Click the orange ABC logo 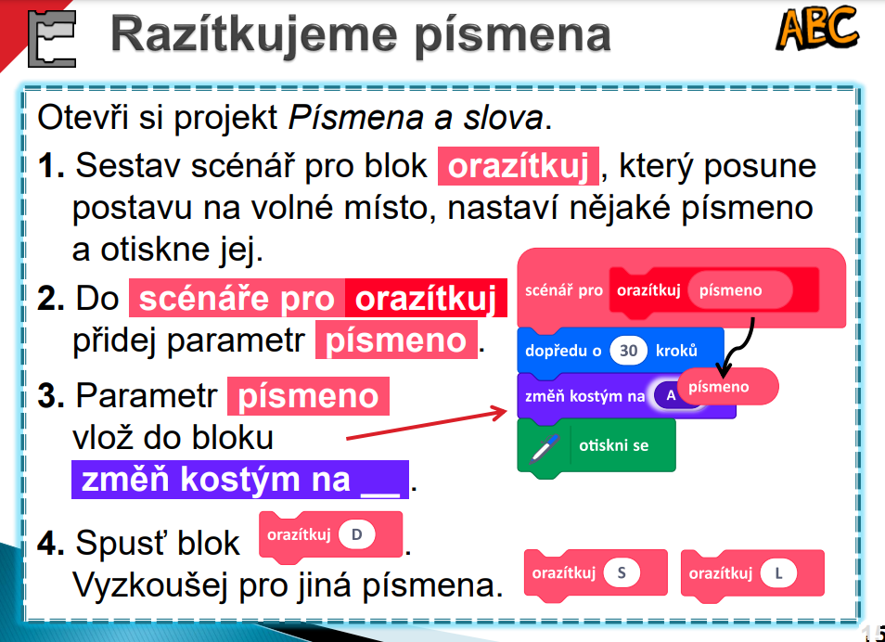click(816, 28)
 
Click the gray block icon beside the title click(52, 38)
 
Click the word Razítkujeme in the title click(254, 35)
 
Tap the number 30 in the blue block click(628, 351)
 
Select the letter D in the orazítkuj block click(357, 534)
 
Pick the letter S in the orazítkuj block click(622, 573)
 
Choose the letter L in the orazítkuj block click(778, 573)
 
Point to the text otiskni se click(613, 445)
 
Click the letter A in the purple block click(671, 395)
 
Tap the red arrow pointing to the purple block click(427, 424)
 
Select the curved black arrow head click(723, 371)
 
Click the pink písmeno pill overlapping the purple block click(728, 386)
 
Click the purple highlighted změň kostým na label click(240, 480)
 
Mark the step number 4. click(51, 543)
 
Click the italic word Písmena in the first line click(355, 118)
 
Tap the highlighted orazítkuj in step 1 click(519, 167)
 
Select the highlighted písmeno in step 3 click(308, 396)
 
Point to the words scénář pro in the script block click(564, 290)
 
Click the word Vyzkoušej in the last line click(152, 585)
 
